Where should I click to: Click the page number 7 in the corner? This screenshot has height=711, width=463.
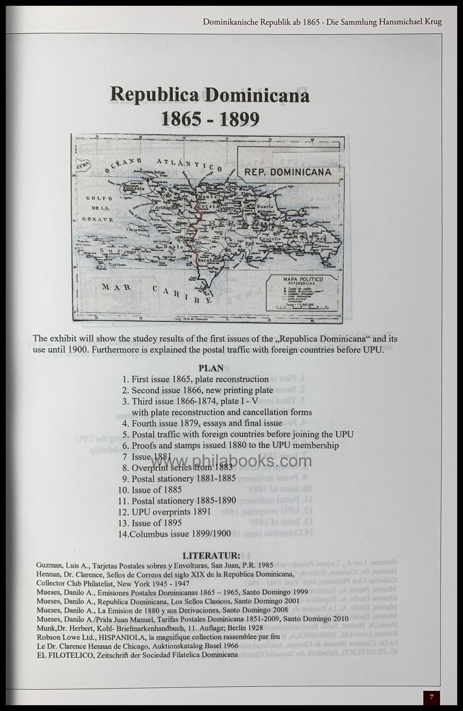pyautogui.click(x=432, y=697)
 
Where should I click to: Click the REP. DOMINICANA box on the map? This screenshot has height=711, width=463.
pyautogui.click(x=288, y=172)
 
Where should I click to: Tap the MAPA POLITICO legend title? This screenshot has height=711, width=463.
pyautogui.click(x=303, y=279)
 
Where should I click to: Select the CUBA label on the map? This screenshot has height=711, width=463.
pyautogui.click(x=83, y=166)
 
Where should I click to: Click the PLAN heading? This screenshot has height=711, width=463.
pyautogui.click(x=211, y=368)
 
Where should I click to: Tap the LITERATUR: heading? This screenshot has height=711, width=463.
pyautogui.click(x=211, y=556)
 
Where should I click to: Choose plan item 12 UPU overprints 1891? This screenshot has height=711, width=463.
pyautogui.click(x=166, y=512)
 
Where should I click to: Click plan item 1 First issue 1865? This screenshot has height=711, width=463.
pyautogui.click(x=196, y=379)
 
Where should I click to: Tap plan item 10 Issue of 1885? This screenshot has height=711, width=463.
pyautogui.click(x=151, y=490)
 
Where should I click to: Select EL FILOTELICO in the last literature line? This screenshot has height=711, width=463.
pyautogui.click(x=65, y=655)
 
